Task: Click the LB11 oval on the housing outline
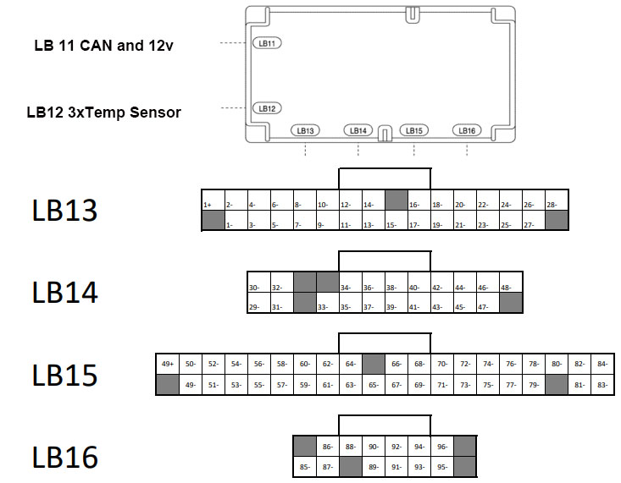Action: pyautogui.click(x=268, y=43)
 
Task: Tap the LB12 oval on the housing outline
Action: pyautogui.click(x=267, y=108)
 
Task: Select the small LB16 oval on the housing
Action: pyautogui.click(x=467, y=130)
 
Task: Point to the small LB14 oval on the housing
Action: pyautogui.click(x=358, y=130)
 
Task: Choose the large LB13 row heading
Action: pyautogui.click(x=65, y=211)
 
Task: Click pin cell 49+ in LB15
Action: pyautogui.click(x=167, y=365)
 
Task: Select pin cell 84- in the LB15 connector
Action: pyautogui.click(x=602, y=365)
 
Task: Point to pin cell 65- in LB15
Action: pyautogui.click(x=373, y=385)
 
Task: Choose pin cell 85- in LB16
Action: pyautogui.click(x=304, y=466)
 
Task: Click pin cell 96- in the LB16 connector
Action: pyautogui.click(x=441, y=446)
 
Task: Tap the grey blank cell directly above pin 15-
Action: pyautogui.click(x=396, y=200)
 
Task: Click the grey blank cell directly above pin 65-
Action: pyautogui.click(x=373, y=365)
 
